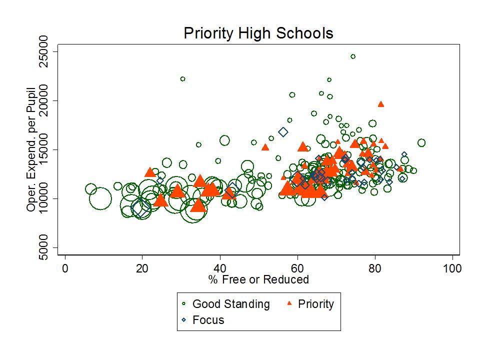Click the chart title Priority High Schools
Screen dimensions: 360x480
(x=258, y=33)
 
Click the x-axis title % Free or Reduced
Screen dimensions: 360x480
(x=258, y=279)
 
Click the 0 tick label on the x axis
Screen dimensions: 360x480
(x=65, y=268)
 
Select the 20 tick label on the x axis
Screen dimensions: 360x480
(x=142, y=268)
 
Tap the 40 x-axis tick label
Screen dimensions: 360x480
(x=220, y=268)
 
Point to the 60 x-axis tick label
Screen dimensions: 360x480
(x=297, y=268)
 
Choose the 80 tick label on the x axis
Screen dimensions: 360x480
(x=375, y=268)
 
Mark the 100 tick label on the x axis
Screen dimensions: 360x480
(x=452, y=268)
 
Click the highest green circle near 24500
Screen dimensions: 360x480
(x=353, y=56)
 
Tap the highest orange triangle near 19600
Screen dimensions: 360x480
(x=381, y=104)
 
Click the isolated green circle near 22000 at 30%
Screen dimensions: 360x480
(x=182, y=79)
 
